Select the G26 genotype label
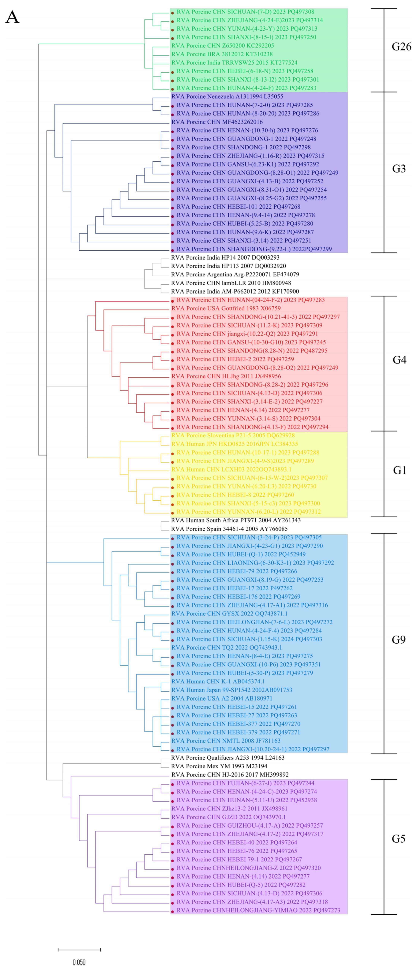(401, 47)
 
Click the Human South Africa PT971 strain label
(236, 520)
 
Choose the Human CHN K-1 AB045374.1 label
(218, 682)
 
